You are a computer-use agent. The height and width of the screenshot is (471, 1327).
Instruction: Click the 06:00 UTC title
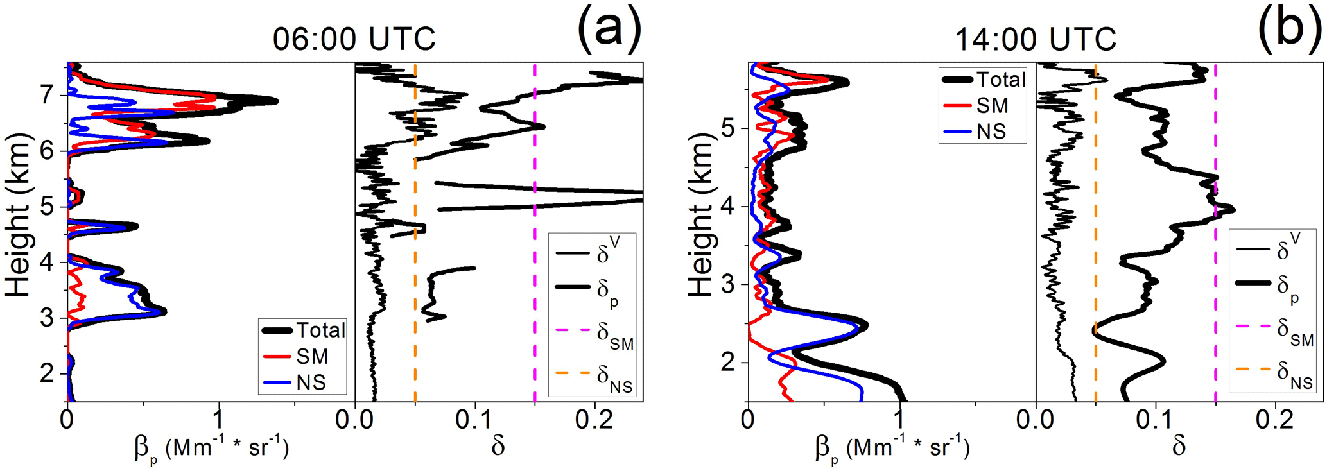click(354, 40)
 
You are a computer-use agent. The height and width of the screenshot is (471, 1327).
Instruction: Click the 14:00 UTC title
click(1036, 40)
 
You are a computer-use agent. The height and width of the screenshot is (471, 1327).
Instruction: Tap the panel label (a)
click(609, 29)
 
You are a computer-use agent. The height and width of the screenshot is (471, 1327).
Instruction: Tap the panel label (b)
click(1289, 29)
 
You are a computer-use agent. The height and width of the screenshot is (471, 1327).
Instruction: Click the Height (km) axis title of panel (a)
click(19, 215)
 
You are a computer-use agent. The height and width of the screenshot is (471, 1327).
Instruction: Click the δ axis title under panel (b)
click(1179, 446)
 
